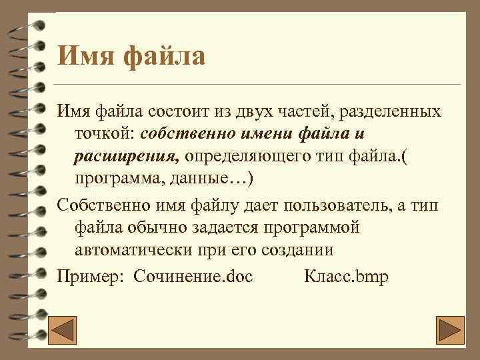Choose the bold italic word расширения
[x=127, y=157]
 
